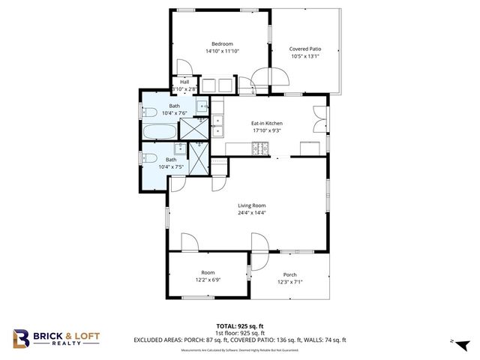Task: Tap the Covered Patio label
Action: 305,49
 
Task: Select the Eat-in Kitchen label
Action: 266,123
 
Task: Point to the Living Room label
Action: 252,205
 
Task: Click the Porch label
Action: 289,274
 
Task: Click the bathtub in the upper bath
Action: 160,132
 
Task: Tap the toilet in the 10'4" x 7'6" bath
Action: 148,112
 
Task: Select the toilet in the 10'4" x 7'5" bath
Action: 148,158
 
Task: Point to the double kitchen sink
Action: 218,125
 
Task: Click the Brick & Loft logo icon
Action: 22,339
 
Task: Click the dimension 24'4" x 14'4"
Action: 252,213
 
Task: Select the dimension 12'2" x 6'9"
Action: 208,280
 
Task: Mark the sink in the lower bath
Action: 169,148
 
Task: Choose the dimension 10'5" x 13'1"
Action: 305,56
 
